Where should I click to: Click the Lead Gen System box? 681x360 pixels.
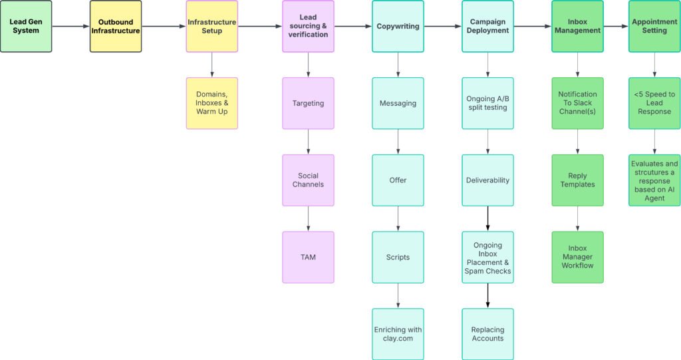(26, 27)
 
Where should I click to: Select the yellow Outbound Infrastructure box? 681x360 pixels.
(116, 27)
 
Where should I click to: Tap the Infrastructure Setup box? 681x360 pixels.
(211, 27)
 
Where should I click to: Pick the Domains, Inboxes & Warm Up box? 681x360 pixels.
(211, 103)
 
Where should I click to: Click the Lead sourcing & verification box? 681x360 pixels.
(308, 27)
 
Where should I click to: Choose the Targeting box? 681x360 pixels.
(308, 103)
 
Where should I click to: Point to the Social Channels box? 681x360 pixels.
(308, 180)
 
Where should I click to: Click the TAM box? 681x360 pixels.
(308, 258)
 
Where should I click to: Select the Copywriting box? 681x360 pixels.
(398, 27)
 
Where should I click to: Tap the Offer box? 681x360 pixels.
(398, 180)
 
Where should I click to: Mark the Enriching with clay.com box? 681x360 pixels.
(398, 334)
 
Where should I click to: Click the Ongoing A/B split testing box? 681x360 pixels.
(487, 103)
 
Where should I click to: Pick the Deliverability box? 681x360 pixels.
(487, 180)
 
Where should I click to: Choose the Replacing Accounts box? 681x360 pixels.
(487, 334)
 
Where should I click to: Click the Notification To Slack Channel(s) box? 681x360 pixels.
(577, 103)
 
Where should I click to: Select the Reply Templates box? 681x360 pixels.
(577, 180)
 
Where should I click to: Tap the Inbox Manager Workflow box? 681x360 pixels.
(577, 258)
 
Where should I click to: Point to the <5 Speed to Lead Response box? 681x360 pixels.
(654, 103)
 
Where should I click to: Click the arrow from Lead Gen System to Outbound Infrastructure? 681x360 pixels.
(70, 27)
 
